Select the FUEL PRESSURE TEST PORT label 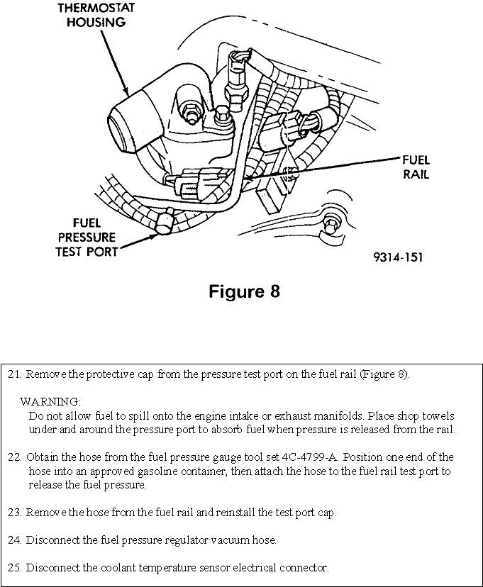87,237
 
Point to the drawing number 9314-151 399,257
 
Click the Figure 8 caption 244,291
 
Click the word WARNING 50,401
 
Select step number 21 16,374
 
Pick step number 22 16,457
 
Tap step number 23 16,513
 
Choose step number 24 16,540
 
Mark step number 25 16,568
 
